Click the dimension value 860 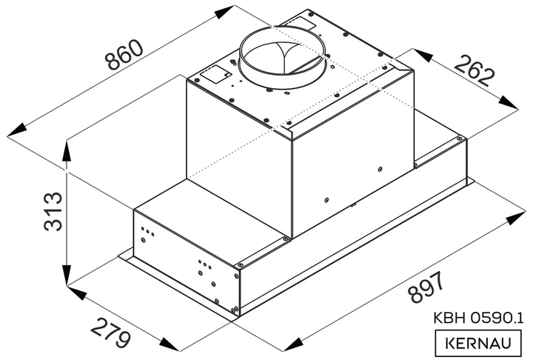point(124,54)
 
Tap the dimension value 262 point(474,71)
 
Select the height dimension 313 point(53,211)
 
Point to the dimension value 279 point(111,332)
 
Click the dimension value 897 point(426,287)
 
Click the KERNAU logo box point(478,343)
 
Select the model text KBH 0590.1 point(478,318)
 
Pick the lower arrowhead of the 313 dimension point(67,274)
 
